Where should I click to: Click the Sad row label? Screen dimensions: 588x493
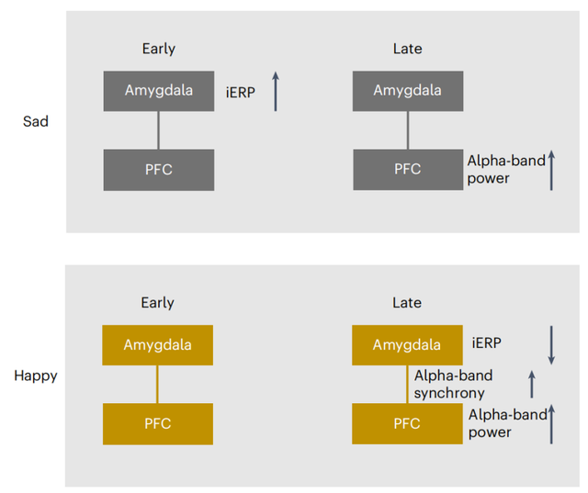[36, 121]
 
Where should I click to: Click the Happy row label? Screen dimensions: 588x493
[36, 375]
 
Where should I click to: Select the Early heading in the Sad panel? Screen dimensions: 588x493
[159, 49]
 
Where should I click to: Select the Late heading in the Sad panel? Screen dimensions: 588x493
[408, 49]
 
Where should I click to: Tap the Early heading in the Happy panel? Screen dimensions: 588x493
[157, 303]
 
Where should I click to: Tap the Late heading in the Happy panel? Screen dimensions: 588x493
[407, 303]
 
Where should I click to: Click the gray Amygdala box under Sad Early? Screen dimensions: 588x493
[159, 91]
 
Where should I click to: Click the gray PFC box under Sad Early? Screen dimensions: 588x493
[159, 170]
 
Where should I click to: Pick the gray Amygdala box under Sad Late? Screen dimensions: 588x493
[408, 91]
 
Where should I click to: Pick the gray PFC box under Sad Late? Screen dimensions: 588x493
[408, 170]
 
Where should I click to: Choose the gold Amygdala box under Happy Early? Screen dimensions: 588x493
[158, 345]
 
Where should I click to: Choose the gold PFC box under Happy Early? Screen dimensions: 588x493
[158, 424]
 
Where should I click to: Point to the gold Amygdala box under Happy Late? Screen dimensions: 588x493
[407, 345]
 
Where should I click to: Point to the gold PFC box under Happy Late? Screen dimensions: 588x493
[407, 424]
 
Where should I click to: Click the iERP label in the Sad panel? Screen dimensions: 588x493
[241, 92]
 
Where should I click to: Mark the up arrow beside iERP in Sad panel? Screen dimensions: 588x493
[276, 92]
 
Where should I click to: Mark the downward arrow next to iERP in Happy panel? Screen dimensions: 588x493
[551, 345]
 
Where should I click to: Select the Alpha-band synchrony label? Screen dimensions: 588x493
[453, 385]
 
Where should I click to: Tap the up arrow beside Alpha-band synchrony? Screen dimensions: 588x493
[532, 384]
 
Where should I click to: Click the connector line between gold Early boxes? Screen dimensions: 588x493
[157, 385]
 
